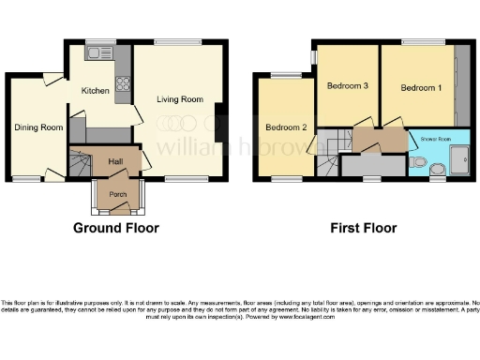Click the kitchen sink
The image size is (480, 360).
(x=97, y=55)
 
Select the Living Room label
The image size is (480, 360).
(x=180, y=99)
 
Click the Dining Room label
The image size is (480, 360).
(x=37, y=127)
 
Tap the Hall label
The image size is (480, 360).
(x=115, y=161)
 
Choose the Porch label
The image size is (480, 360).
(x=118, y=194)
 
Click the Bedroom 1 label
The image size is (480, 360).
(x=420, y=88)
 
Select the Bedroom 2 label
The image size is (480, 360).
(x=286, y=127)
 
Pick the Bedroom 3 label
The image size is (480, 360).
(x=346, y=86)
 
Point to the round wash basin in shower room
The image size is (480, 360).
(x=438, y=170)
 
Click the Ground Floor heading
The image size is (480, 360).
(x=116, y=228)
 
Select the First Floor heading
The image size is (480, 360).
(x=363, y=228)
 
